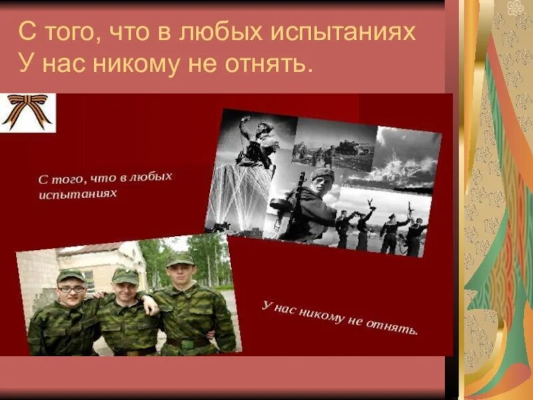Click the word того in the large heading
coord(66,33)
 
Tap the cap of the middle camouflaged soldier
coord(125,275)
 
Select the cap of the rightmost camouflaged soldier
coord(180,259)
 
